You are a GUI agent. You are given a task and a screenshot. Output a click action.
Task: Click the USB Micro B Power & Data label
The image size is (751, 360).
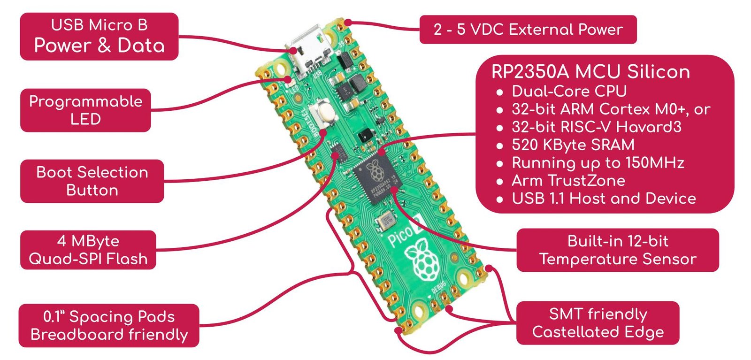[99, 36]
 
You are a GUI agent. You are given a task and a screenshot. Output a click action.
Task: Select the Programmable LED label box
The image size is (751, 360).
[85, 110]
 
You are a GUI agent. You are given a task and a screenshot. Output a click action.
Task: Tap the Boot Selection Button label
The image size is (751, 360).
[92, 181]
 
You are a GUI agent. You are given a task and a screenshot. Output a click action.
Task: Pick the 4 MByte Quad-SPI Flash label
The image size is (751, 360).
[88, 250]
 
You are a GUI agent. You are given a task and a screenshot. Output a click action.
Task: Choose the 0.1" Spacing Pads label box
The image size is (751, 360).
[109, 325]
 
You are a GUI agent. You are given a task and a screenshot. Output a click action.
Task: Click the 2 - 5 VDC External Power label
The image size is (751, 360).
[528, 30]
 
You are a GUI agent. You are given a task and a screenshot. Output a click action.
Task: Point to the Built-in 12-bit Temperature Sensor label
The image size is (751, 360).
[617, 250]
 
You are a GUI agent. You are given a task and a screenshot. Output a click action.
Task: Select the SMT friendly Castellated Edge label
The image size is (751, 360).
[598, 323]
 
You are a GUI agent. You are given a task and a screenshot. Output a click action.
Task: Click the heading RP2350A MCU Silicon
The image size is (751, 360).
[590, 72]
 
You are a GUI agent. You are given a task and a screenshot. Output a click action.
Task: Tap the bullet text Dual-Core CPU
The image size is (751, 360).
[569, 91]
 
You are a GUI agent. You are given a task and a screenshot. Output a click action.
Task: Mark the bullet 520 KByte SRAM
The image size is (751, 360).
[573, 145]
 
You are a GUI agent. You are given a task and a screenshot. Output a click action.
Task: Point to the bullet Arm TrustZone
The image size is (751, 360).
[568, 180]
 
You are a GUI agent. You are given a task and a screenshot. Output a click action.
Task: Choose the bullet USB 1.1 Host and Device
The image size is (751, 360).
[604, 198]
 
